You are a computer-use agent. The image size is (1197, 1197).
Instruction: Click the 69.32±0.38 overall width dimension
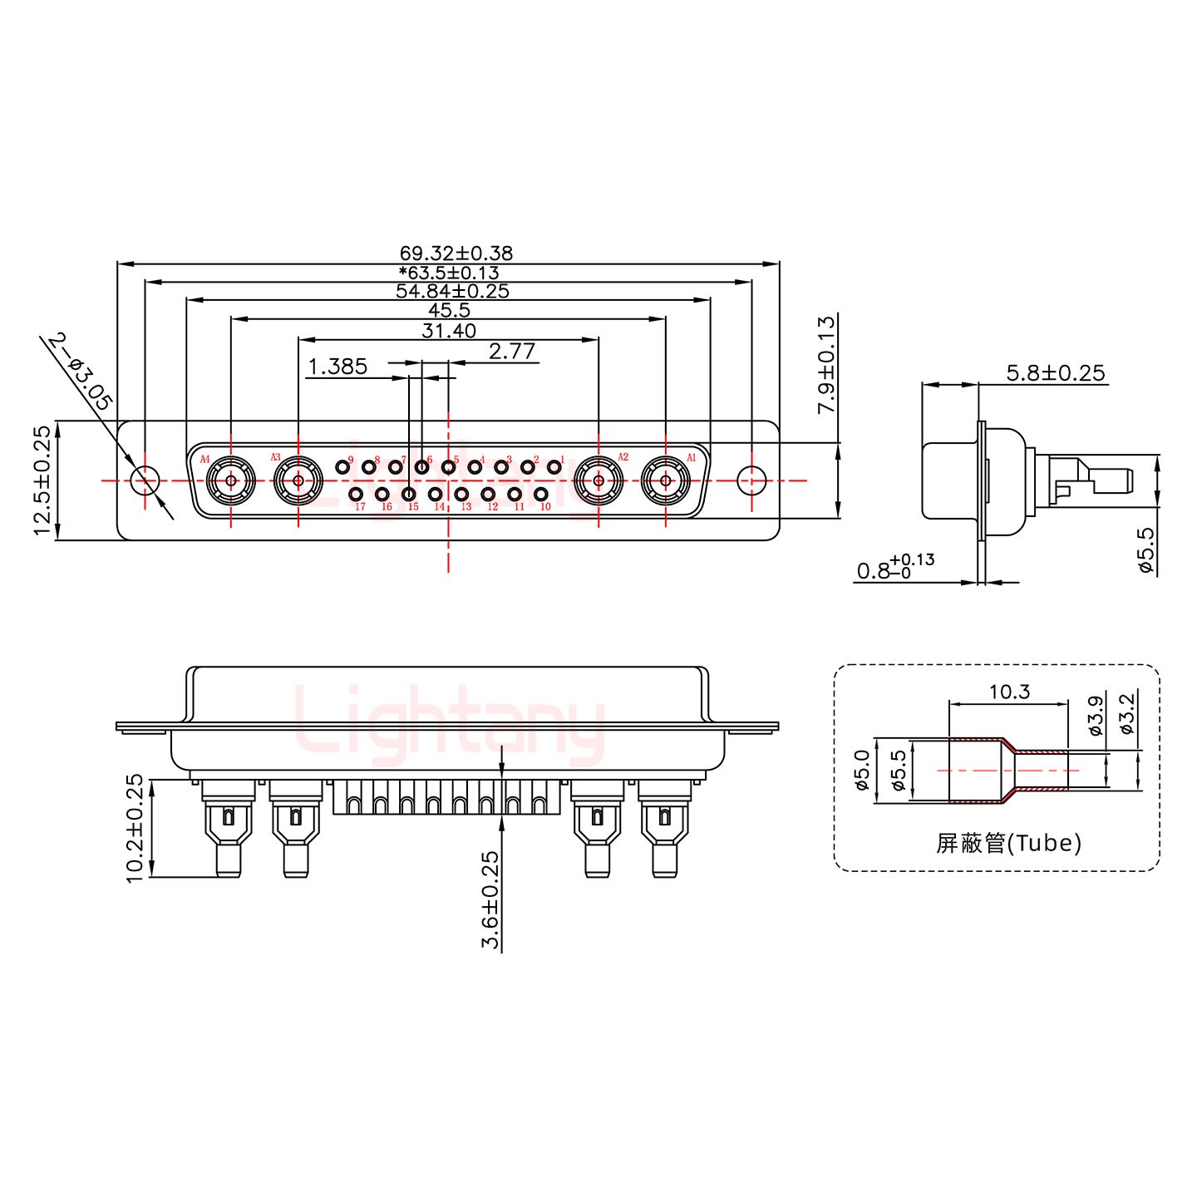tap(456, 253)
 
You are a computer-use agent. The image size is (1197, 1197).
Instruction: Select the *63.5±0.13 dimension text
tap(449, 272)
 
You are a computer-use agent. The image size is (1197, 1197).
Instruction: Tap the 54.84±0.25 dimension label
tap(452, 291)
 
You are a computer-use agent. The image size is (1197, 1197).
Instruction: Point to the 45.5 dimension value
tap(449, 310)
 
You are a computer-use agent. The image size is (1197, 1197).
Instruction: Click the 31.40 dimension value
tap(449, 331)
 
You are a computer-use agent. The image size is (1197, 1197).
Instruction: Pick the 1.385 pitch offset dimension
tap(338, 367)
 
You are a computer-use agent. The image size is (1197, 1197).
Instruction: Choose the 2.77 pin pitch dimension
tap(512, 352)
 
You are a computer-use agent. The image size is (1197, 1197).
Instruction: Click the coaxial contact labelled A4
tap(230, 480)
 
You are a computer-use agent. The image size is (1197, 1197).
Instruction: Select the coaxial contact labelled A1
tap(665, 480)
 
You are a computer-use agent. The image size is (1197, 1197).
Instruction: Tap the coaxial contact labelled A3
tap(298, 480)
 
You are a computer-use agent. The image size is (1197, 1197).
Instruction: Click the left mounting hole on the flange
tap(145, 480)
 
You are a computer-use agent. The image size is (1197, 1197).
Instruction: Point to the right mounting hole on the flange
tap(751, 480)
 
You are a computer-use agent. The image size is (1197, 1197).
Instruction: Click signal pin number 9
tap(342, 466)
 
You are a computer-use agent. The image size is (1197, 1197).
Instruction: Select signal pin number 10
tap(541, 495)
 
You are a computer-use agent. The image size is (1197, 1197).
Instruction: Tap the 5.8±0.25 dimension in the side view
tap(1056, 372)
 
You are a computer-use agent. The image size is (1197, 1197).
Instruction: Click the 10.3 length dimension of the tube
tap(1009, 692)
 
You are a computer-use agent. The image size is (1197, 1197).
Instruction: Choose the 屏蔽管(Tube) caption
tap(1009, 843)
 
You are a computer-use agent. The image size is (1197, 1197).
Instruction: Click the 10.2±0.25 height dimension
tap(135, 828)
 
